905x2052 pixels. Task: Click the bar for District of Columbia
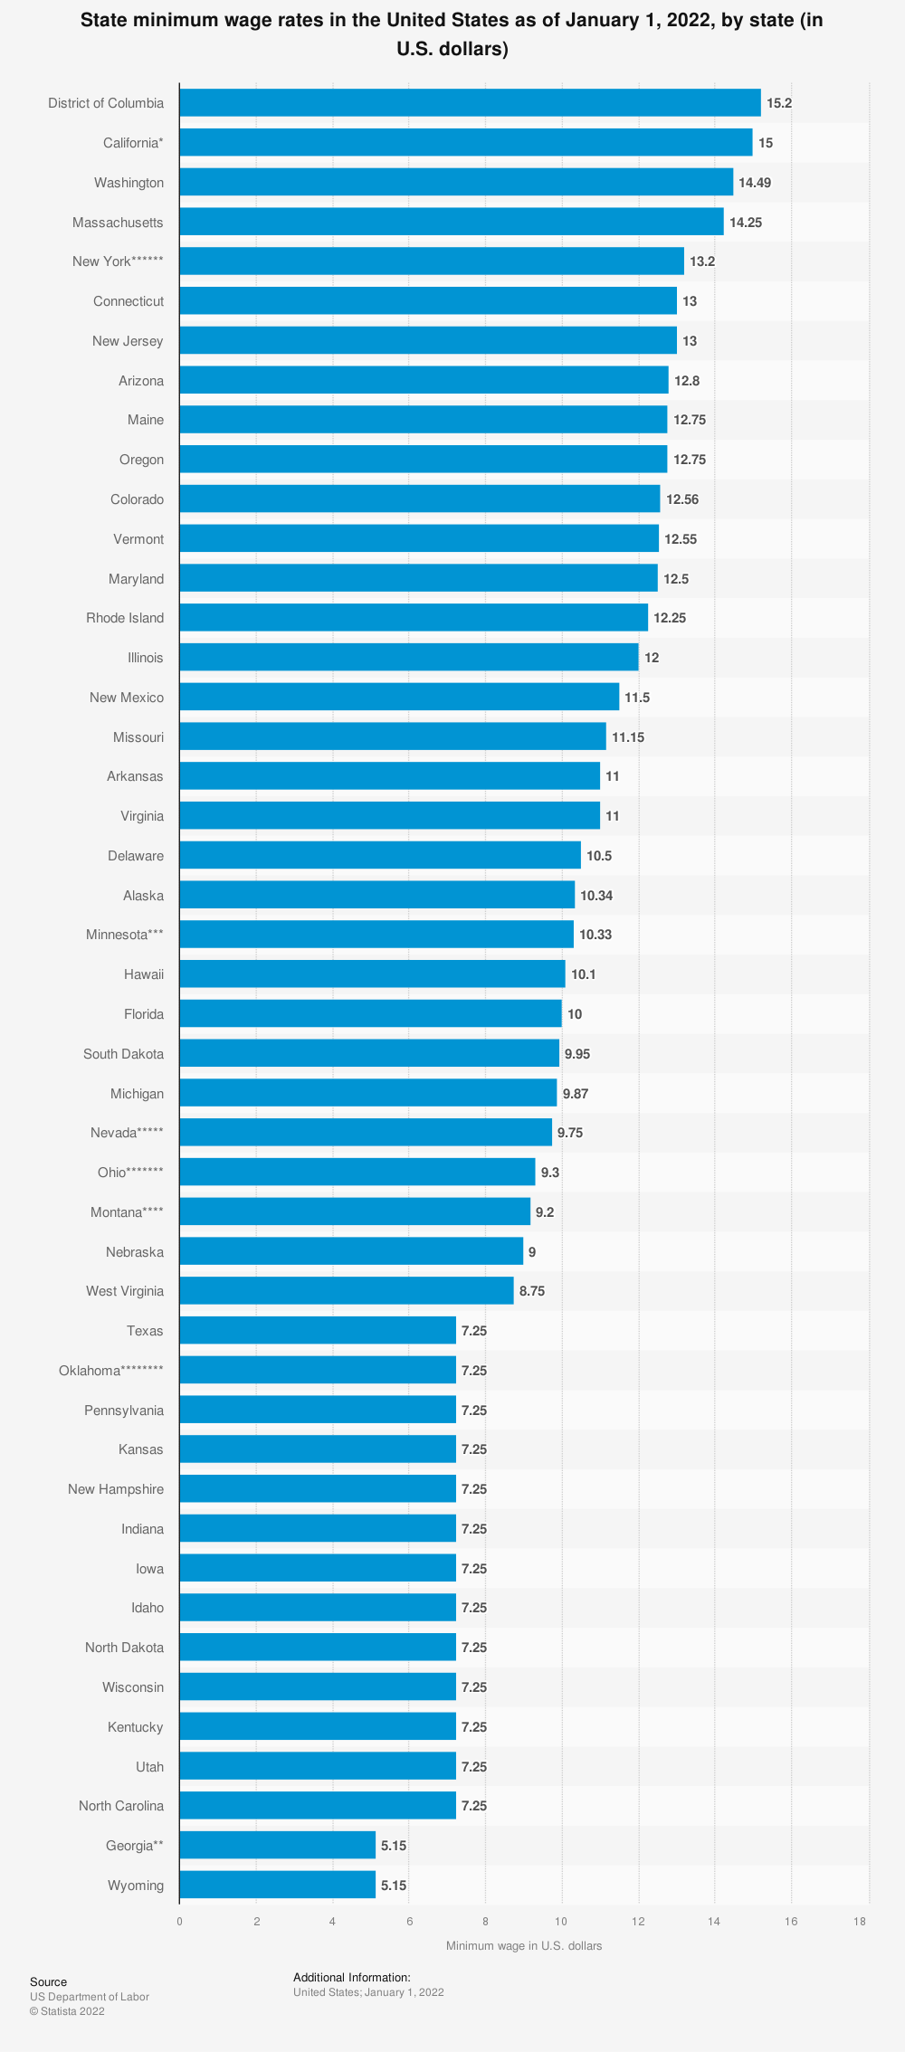point(470,103)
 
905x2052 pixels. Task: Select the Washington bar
point(456,182)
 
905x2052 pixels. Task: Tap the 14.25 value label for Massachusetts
point(746,223)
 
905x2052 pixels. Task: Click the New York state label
point(118,261)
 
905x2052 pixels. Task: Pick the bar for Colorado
point(419,499)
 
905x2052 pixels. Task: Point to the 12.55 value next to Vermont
point(681,539)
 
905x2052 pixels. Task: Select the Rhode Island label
point(125,618)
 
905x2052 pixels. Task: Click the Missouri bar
point(392,736)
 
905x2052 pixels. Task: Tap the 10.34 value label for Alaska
point(596,896)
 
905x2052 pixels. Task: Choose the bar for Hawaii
point(372,974)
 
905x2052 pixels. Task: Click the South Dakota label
point(123,1054)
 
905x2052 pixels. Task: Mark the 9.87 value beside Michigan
point(576,1094)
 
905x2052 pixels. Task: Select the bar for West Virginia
point(346,1291)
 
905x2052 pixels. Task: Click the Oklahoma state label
point(111,1371)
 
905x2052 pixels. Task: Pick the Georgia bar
point(277,1845)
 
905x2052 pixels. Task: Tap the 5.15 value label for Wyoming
point(394,1886)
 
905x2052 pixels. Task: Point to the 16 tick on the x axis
point(791,1922)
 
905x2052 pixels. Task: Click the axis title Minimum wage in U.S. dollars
point(524,1945)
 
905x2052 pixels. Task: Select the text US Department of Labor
point(90,1997)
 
